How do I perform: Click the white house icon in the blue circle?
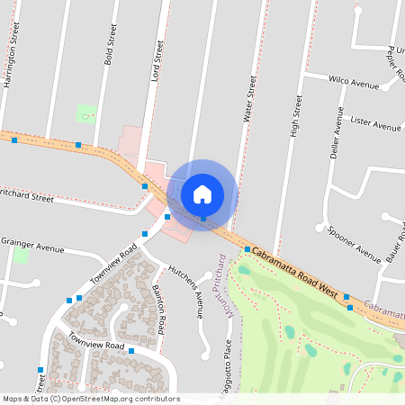202,193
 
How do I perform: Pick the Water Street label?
250,98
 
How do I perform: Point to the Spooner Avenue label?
354,242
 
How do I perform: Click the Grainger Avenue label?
32,244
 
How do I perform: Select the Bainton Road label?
159,307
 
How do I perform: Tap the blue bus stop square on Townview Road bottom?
131,350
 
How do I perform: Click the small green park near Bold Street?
86,113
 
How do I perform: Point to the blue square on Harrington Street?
13,140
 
